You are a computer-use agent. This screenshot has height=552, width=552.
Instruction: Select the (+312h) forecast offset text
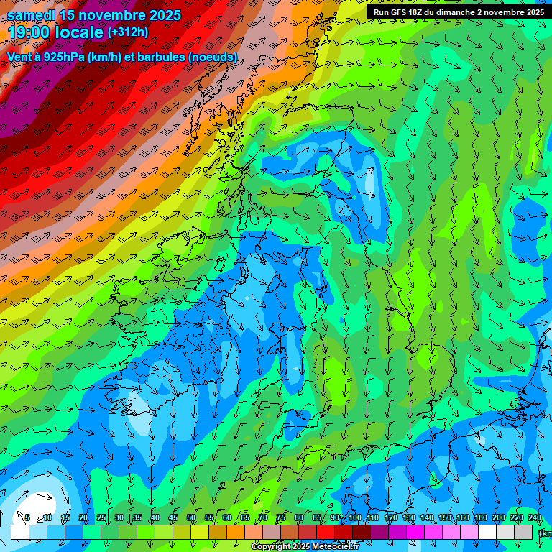tap(128, 32)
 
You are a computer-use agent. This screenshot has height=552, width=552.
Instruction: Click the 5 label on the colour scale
tap(27, 518)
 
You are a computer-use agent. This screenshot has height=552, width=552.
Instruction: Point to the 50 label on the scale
tap(191, 518)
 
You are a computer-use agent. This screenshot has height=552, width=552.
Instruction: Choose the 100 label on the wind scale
tap(354, 518)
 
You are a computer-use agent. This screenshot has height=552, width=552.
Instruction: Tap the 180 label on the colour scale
tap(480, 518)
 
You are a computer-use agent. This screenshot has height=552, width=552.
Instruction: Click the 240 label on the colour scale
tap(534, 518)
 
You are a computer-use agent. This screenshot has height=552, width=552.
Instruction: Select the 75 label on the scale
tap(281, 518)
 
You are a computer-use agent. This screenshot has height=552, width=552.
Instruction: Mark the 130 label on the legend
tap(408, 518)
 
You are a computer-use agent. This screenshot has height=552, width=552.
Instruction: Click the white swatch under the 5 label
tap(19, 532)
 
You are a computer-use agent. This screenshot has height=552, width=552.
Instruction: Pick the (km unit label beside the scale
tap(545, 533)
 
